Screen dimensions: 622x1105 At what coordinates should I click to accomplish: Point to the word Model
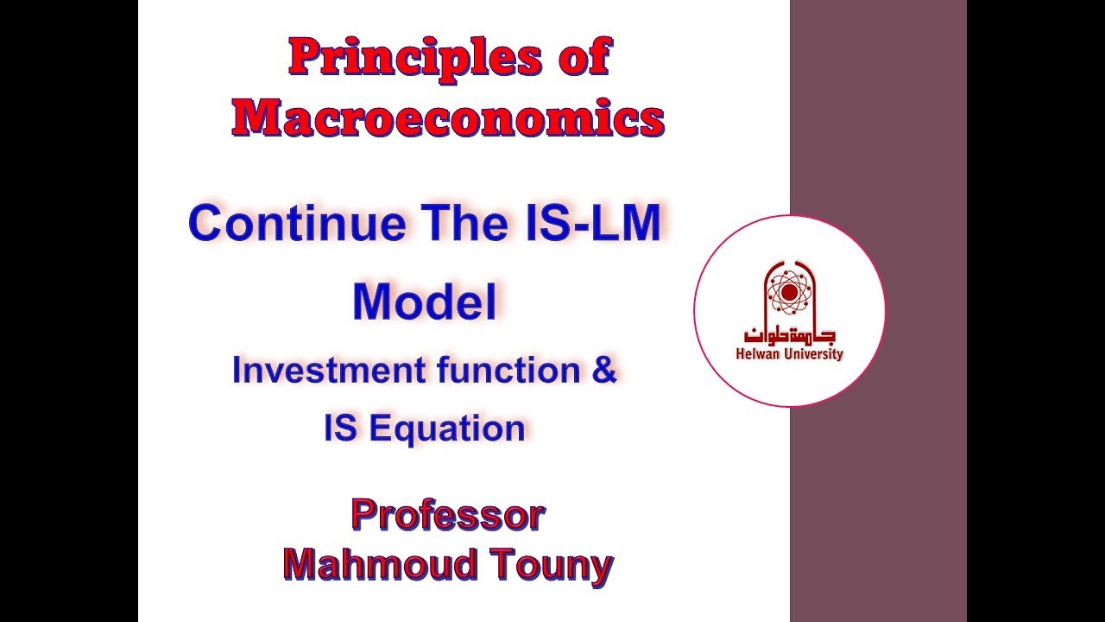425,302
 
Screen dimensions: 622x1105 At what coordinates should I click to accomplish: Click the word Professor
447,516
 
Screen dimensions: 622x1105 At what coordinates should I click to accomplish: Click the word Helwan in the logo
757,354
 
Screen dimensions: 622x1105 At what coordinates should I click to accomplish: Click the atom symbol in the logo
788,292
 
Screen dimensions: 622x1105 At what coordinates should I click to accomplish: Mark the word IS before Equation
340,428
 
